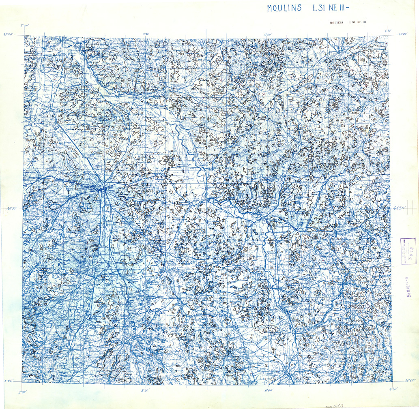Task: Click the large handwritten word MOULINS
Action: point(284,8)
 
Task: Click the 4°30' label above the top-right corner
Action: point(388,30)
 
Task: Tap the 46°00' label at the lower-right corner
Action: point(408,381)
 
